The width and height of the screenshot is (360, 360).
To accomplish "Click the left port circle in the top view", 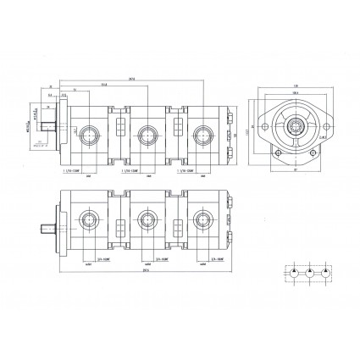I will coord(89,133).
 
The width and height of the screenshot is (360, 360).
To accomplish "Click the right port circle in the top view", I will coord(202,133).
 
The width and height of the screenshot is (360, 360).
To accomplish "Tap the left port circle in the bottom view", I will coord(89,223).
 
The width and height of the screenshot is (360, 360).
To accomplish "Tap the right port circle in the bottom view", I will coord(202,223).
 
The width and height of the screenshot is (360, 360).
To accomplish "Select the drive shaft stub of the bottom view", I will coord(49,227).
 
